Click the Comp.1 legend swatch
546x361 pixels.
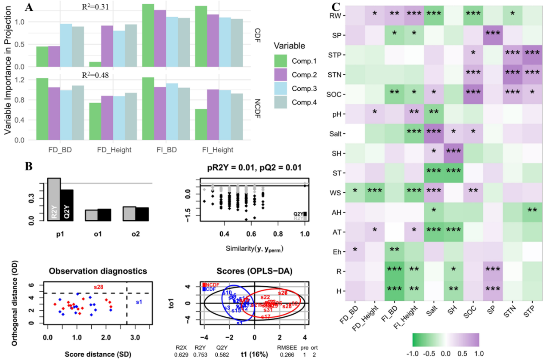(282, 61)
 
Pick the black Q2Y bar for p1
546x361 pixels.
(67, 205)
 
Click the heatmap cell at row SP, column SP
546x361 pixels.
(470, 34)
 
